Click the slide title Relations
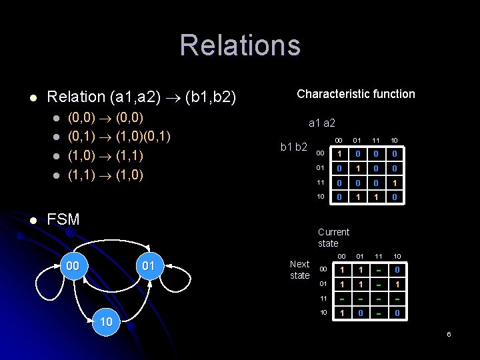click(x=240, y=45)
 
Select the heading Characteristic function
click(x=355, y=94)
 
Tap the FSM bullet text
click(x=63, y=219)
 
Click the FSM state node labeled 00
click(x=73, y=267)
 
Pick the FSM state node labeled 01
click(x=148, y=267)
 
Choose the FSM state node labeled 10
click(x=106, y=322)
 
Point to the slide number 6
click(x=449, y=333)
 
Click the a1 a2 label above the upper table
click(x=321, y=123)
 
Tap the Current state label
click(x=333, y=237)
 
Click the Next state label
click(x=299, y=269)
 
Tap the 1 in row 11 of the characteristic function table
click(x=395, y=183)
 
